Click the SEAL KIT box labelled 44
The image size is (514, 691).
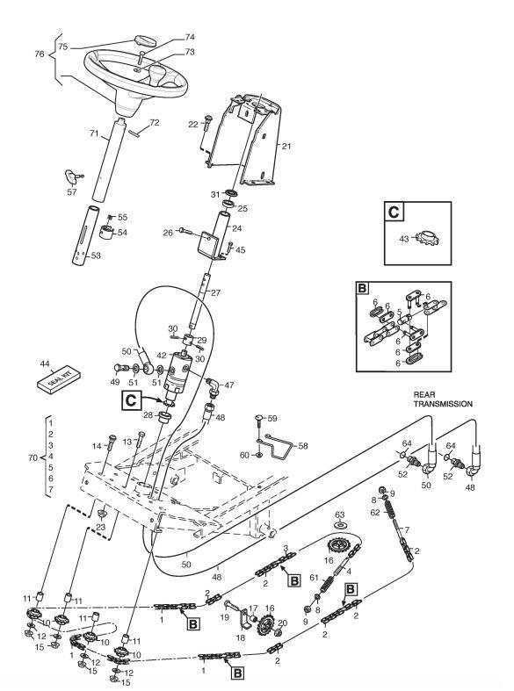tap(58, 379)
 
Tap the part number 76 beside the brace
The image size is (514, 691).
tap(40, 54)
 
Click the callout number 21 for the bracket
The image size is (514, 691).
tap(286, 147)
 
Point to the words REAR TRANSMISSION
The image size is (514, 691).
tap(443, 399)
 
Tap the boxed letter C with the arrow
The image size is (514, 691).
tap(131, 400)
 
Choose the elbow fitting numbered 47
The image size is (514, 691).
tap(214, 386)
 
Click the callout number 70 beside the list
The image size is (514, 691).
tap(33, 457)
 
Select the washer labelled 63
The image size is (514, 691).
tap(339, 525)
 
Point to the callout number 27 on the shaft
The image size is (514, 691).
tap(215, 292)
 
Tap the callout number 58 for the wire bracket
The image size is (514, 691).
tap(303, 445)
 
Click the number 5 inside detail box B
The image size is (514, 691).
tap(399, 312)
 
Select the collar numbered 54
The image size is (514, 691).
tap(107, 232)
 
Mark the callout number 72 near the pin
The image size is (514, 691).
tap(155, 122)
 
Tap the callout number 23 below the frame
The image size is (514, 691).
tap(101, 527)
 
